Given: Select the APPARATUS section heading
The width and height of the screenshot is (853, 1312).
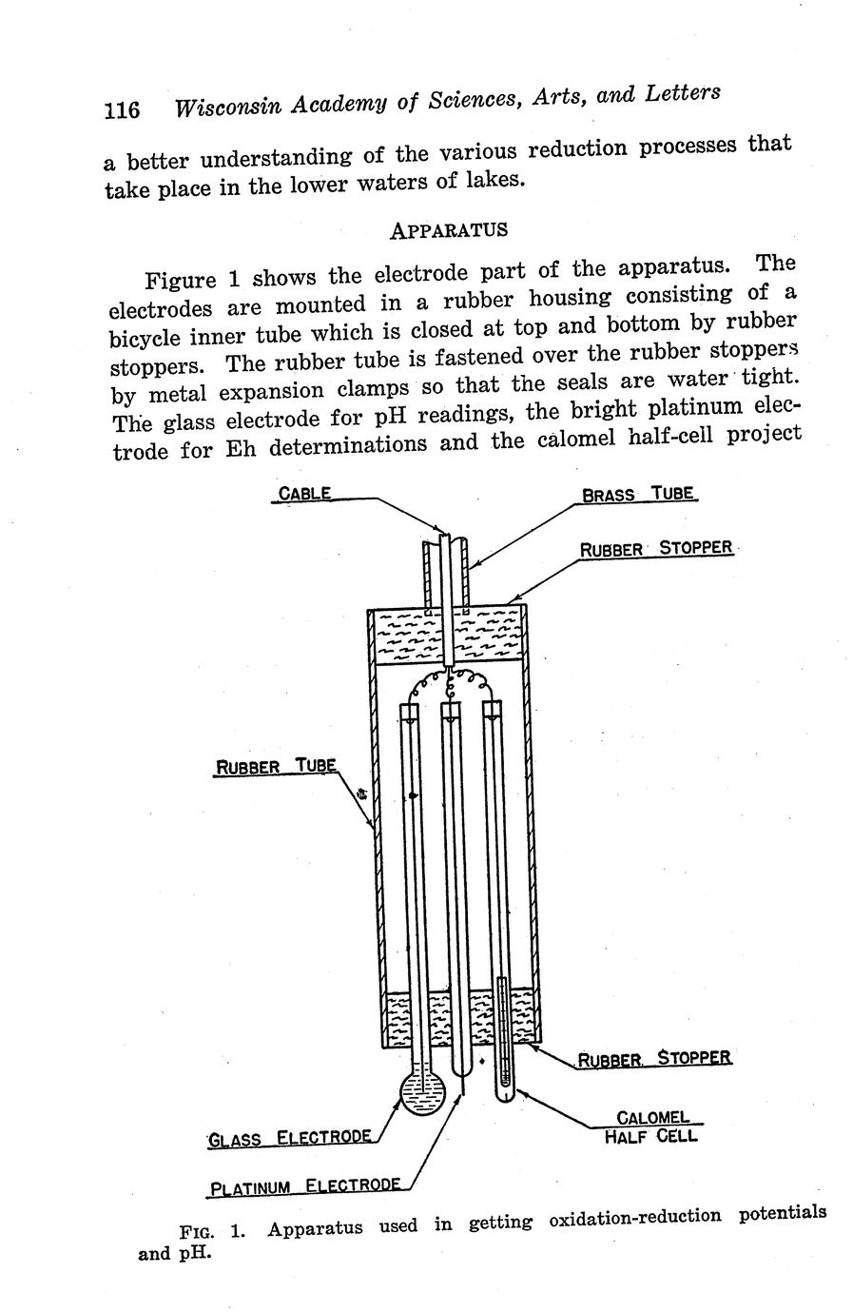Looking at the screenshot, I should pos(449,229).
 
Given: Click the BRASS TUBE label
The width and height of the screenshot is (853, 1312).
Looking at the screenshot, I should pos(638,495).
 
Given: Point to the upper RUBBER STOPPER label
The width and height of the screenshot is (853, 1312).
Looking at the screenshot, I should pos(656,548).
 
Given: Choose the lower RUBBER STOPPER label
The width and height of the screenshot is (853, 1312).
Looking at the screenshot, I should pos(654,1058).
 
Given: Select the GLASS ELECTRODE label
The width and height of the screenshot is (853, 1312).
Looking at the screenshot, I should pos(289,1138).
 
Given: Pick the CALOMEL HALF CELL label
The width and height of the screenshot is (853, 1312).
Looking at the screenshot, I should pos(652,1126).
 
